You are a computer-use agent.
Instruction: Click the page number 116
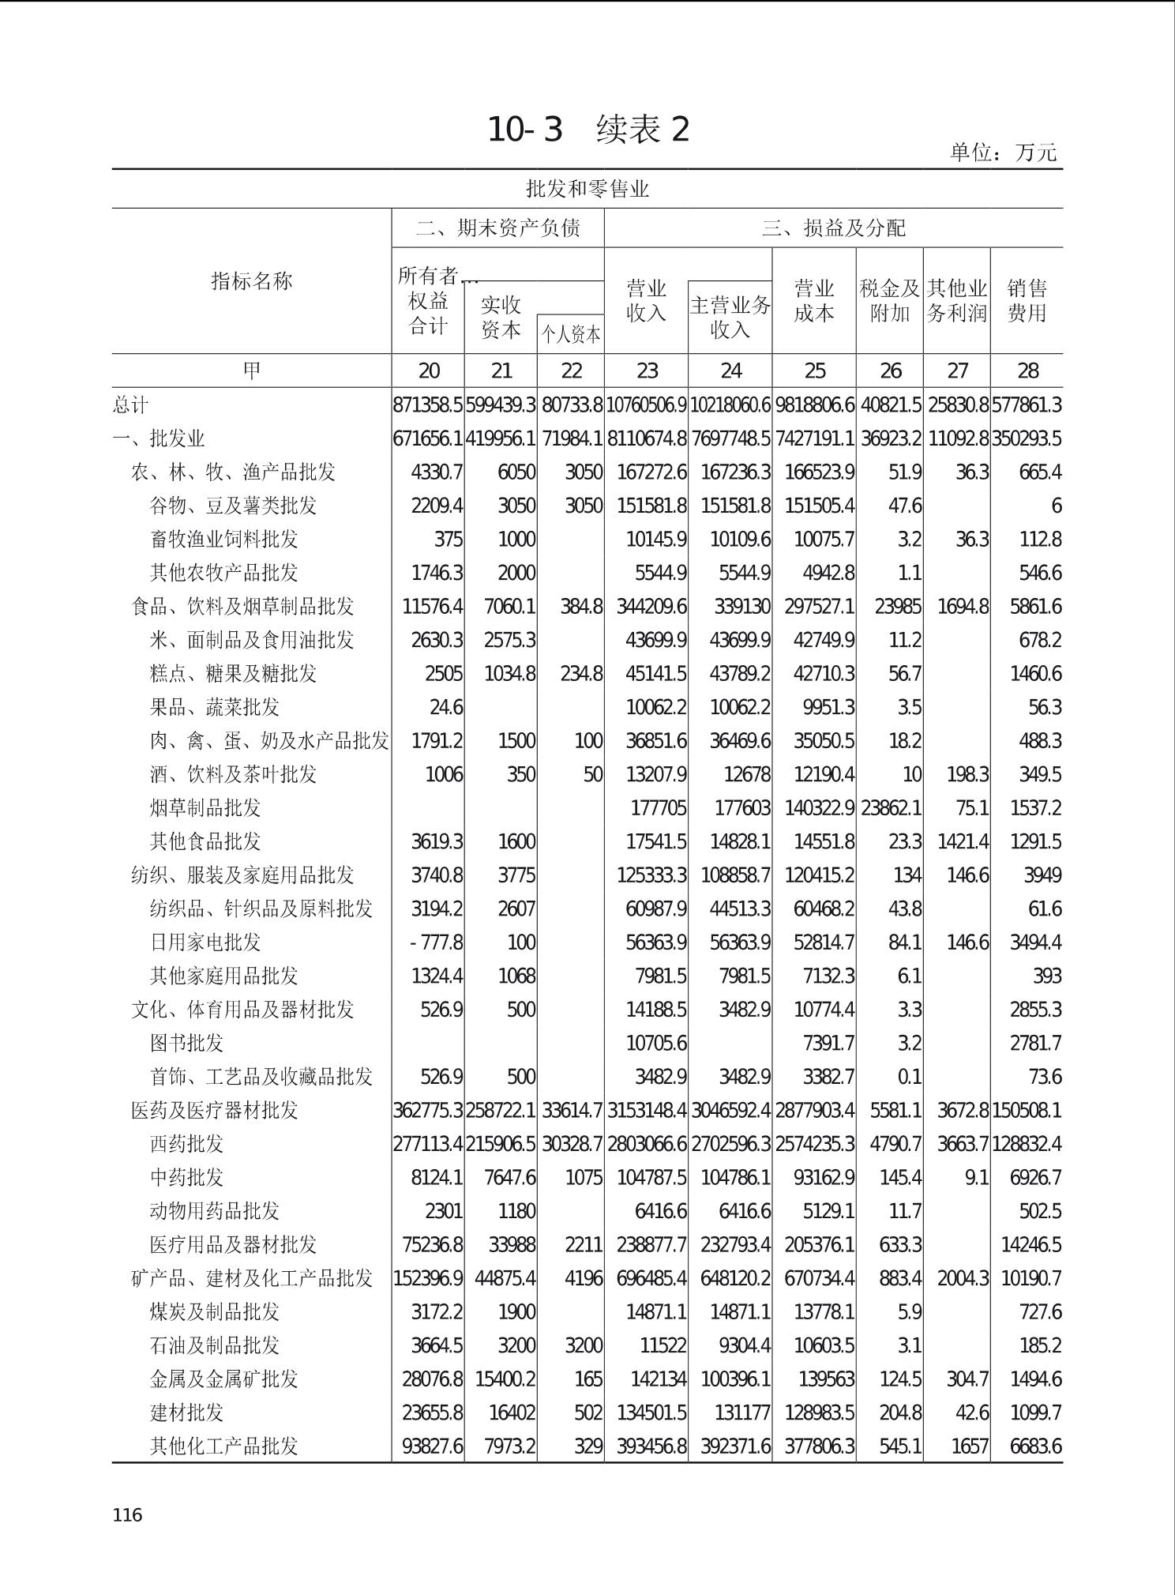(127, 1514)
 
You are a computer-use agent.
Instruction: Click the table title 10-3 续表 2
(588, 130)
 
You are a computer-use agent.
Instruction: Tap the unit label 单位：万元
(1003, 152)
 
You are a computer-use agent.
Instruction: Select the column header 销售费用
(1027, 301)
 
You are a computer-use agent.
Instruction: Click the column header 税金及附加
(890, 301)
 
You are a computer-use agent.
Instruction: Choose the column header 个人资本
(571, 335)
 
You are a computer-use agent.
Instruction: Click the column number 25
(814, 371)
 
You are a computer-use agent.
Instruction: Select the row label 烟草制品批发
(205, 807)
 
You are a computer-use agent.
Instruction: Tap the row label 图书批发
(186, 1043)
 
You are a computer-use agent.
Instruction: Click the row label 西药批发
(186, 1143)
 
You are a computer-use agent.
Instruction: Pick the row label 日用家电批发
(205, 942)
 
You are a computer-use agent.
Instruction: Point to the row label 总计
(130, 404)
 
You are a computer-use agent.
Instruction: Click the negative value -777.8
(436, 942)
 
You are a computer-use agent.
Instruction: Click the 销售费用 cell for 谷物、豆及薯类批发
(1056, 506)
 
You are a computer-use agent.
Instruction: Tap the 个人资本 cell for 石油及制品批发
(584, 1345)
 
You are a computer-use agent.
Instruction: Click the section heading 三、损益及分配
(833, 228)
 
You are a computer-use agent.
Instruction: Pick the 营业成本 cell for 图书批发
(828, 1044)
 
